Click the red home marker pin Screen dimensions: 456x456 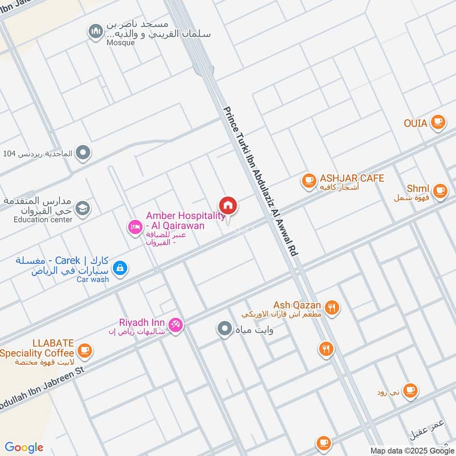point(228,206)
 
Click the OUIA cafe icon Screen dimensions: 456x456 point(437,121)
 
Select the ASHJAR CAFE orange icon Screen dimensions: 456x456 point(309,181)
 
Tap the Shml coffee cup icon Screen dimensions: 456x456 point(439,191)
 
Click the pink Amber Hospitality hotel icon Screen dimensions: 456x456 point(135,227)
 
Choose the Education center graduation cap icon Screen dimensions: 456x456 point(83,209)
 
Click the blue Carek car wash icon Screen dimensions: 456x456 point(120,267)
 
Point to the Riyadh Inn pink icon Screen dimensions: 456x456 point(176,325)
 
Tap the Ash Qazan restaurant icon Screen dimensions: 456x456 point(332,308)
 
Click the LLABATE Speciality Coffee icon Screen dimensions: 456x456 point(84,349)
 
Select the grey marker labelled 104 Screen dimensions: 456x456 point(84,152)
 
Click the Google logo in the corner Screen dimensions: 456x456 point(24,447)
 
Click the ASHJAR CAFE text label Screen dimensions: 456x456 point(352,178)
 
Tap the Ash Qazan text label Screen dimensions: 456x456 point(297,306)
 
